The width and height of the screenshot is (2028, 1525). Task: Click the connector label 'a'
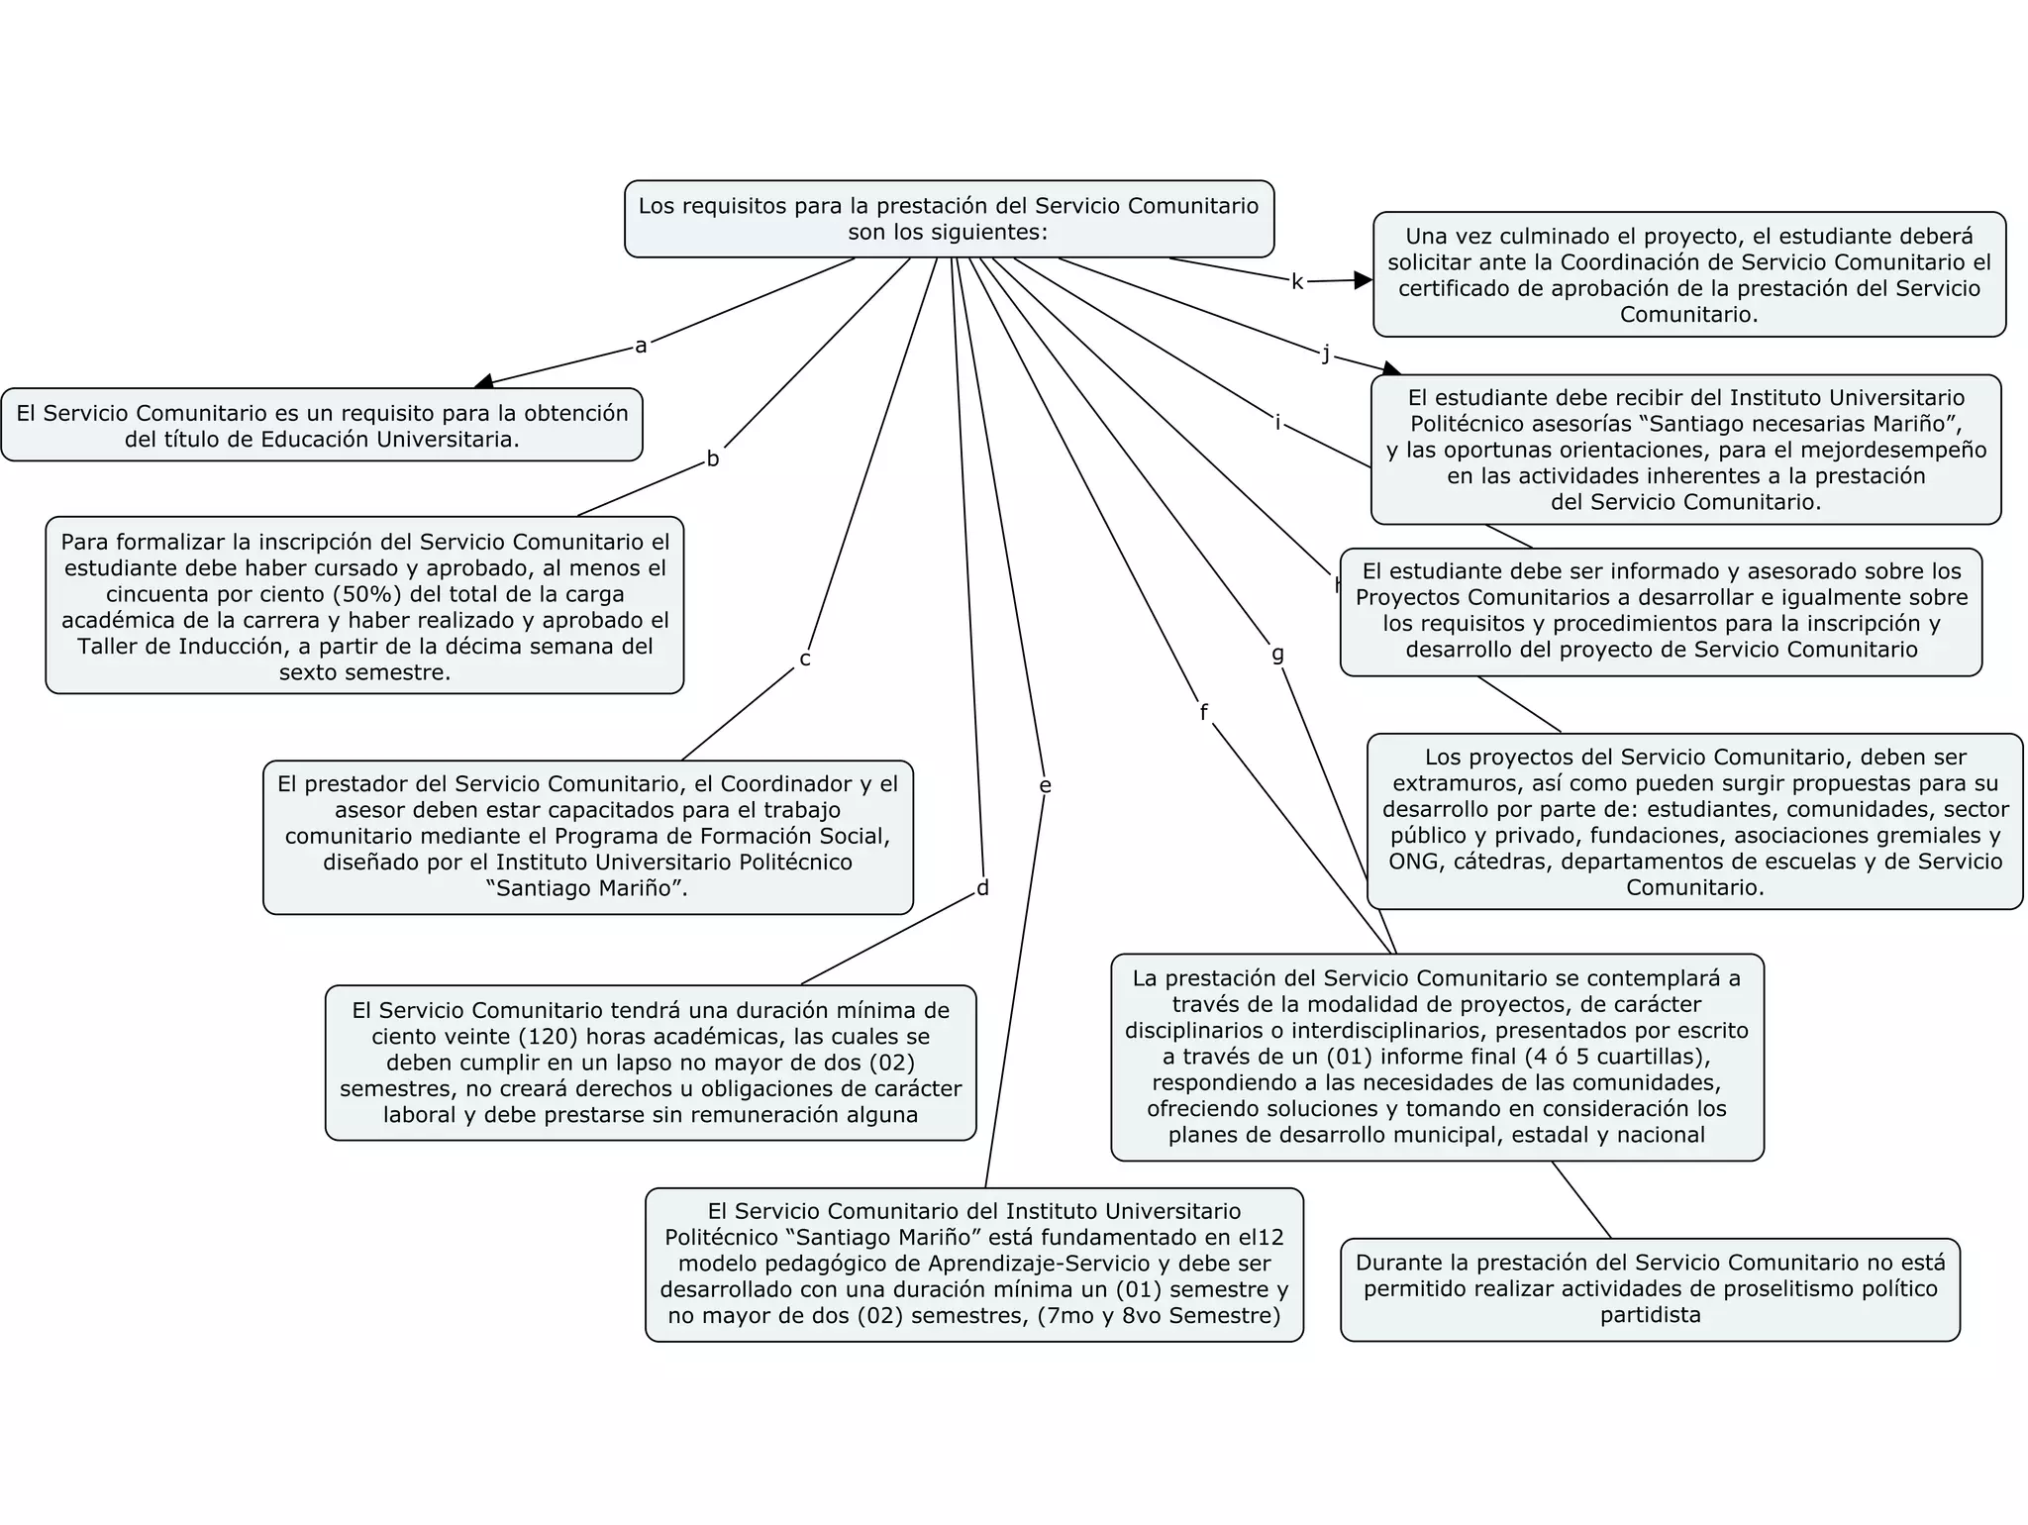pos(641,346)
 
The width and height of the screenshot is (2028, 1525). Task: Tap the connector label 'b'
pos(712,459)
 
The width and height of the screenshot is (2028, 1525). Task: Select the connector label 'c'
pos(805,660)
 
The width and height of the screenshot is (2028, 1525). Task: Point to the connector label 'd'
pos(982,888)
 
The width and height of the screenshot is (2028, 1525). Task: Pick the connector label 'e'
pos(1045,786)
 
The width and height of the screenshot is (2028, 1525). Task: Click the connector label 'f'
pos(1203,713)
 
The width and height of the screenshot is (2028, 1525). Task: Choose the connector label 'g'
pos(1277,654)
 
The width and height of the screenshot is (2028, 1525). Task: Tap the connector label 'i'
pos(1277,424)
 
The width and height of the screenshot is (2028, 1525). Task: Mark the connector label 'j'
pos(1326,354)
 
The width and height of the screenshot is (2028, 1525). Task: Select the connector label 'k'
pos(1297,282)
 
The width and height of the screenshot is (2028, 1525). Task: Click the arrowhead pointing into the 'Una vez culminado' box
pos(1364,280)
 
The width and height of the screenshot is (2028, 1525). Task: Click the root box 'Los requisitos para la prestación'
pos(949,219)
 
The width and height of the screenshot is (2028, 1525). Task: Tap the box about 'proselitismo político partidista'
pos(1650,1289)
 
